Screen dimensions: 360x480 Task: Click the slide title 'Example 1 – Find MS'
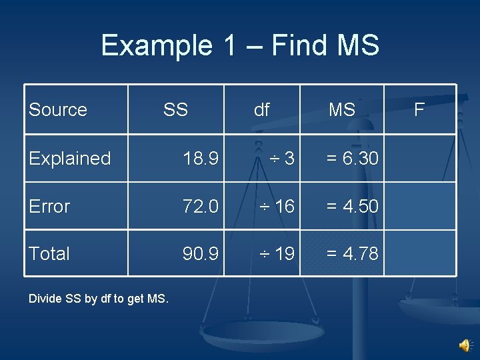240,45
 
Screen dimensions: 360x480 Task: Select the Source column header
58,109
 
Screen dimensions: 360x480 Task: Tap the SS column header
175,109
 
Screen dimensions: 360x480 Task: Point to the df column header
262,110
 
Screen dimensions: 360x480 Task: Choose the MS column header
342,110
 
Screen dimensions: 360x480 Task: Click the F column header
419,109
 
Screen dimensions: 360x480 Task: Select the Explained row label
70,159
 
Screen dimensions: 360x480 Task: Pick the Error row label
49,207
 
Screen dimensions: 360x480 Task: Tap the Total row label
49,253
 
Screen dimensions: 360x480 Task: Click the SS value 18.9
201,159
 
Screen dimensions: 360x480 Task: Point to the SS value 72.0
201,207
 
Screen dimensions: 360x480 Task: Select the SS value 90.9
201,253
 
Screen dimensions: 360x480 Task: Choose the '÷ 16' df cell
277,207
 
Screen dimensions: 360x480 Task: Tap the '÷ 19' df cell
277,253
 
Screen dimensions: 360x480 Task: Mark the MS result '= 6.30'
352,159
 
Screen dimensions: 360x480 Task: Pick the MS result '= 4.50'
352,207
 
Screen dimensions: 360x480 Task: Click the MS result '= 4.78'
352,253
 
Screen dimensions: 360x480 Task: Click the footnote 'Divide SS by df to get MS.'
99,298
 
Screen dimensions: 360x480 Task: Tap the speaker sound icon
465,345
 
